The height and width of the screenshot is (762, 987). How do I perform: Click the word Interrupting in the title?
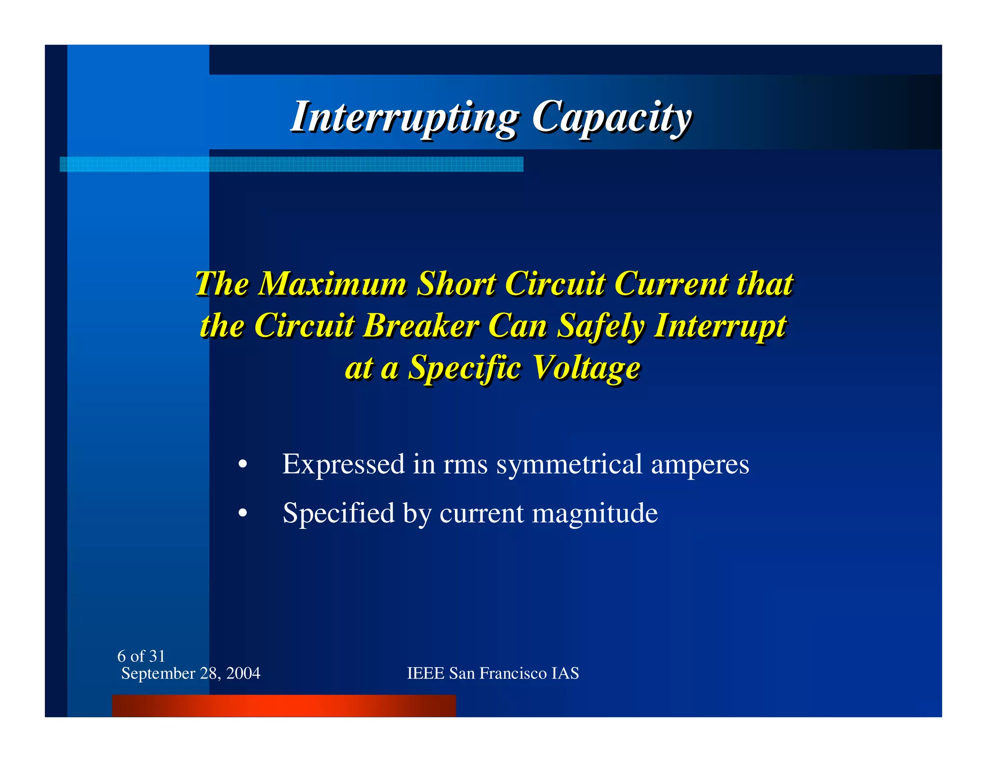pos(405,117)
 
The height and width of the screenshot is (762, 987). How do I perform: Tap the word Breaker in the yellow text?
pos(420,326)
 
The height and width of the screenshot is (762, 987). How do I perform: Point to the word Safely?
pos(600,326)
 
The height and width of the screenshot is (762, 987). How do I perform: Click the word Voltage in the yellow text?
pos(587,368)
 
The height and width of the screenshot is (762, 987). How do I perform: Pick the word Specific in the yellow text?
pos(464,368)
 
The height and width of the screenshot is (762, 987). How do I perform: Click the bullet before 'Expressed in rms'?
pos(243,465)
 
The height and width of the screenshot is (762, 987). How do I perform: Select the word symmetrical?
pos(569,464)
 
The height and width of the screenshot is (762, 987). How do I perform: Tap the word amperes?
pos(700,464)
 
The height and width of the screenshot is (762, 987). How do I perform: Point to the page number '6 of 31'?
pos(141,656)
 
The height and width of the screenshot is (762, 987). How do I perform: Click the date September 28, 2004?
pos(191,673)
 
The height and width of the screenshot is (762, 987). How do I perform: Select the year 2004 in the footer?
pos(243,673)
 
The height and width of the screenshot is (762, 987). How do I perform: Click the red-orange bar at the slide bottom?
pos(284,706)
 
